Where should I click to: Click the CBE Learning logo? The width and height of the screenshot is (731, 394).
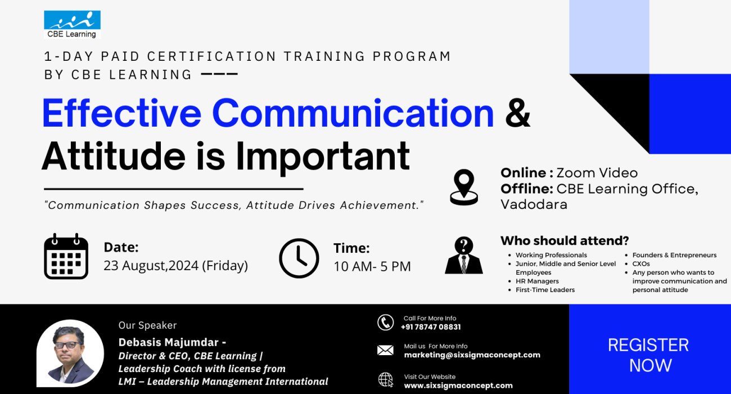pos(72,25)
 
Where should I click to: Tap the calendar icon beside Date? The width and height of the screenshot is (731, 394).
pos(66,256)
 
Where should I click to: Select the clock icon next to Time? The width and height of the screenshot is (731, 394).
pos(299,258)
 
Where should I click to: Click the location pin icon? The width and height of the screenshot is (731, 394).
pos(464,188)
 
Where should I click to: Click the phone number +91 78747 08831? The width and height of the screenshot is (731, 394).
pos(431,327)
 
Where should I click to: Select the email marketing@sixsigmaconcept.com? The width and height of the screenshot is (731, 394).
pos(472,355)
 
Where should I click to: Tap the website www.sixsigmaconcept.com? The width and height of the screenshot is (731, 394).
pos(458,386)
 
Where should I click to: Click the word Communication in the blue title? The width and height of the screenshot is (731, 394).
pos(353,113)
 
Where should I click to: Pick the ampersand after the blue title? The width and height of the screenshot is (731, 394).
pos(518,113)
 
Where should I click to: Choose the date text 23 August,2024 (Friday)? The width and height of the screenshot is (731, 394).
pos(175,266)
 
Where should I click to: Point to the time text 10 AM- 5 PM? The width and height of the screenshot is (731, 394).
pos(372,266)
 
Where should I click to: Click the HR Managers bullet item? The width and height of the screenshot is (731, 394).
pos(537,281)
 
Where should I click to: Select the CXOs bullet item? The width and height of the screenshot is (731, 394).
pos(641,264)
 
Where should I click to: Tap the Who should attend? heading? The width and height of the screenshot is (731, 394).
pos(565,241)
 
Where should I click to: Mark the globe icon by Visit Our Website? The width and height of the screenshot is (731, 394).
pos(386,380)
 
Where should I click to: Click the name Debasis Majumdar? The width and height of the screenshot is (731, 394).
pos(169,342)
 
